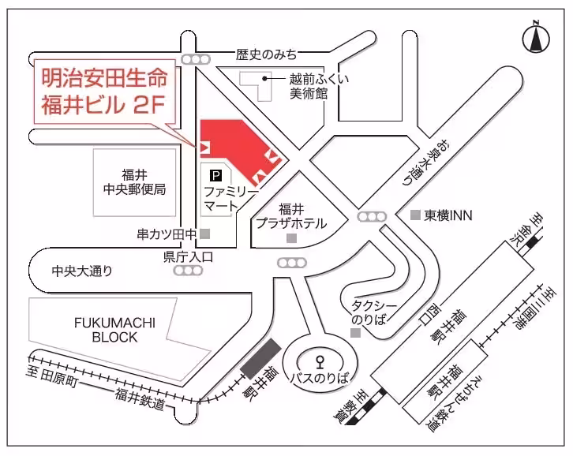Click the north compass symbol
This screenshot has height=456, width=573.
pos(536,36)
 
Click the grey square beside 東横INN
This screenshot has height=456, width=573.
pos(415,215)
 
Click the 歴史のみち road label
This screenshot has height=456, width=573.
pos(267,54)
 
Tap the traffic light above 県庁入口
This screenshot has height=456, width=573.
pos(188,270)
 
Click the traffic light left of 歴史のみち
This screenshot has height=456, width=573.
pos(194,59)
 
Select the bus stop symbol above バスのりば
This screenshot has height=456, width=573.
pos(320,364)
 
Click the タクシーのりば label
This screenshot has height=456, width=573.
pos(367,312)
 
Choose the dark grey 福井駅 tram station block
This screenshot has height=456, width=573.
pos(260,359)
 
